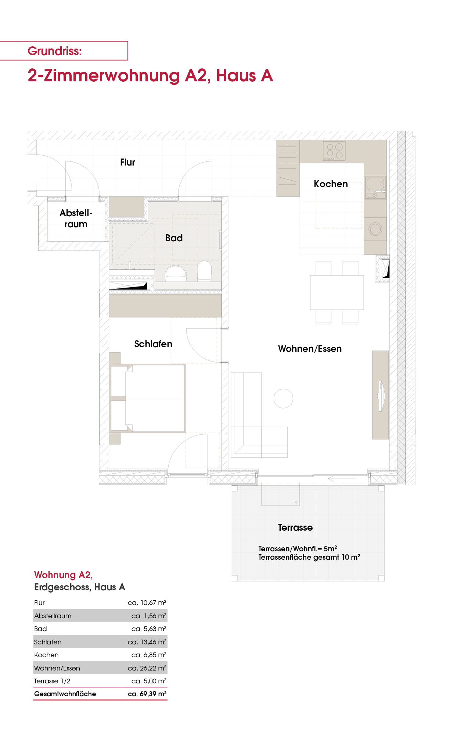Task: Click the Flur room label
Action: tap(127, 162)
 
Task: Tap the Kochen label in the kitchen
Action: tap(331, 184)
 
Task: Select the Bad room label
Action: tap(174, 238)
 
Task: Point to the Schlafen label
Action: tap(153, 344)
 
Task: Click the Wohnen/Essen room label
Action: tap(310, 349)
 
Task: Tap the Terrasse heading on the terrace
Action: tap(295, 527)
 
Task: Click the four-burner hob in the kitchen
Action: tap(334, 151)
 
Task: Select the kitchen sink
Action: tap(375, 188)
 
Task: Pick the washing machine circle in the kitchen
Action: tap(375, 229)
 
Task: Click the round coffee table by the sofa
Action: tap(284, 398)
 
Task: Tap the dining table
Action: tap(337, 292)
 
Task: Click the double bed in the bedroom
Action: tap(147, 398)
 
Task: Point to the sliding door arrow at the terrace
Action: tap(342, 479)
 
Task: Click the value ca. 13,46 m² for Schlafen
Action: tap(147, 642)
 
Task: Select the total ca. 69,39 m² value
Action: tap(147, 694)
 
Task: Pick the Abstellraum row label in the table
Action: tap(53, 616)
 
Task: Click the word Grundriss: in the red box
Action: tap(55, 51)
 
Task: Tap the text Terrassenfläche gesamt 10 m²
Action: tap(309, 557)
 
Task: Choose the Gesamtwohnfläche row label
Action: tap(65, 694)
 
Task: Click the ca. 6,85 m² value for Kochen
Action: tap(149, 655)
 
